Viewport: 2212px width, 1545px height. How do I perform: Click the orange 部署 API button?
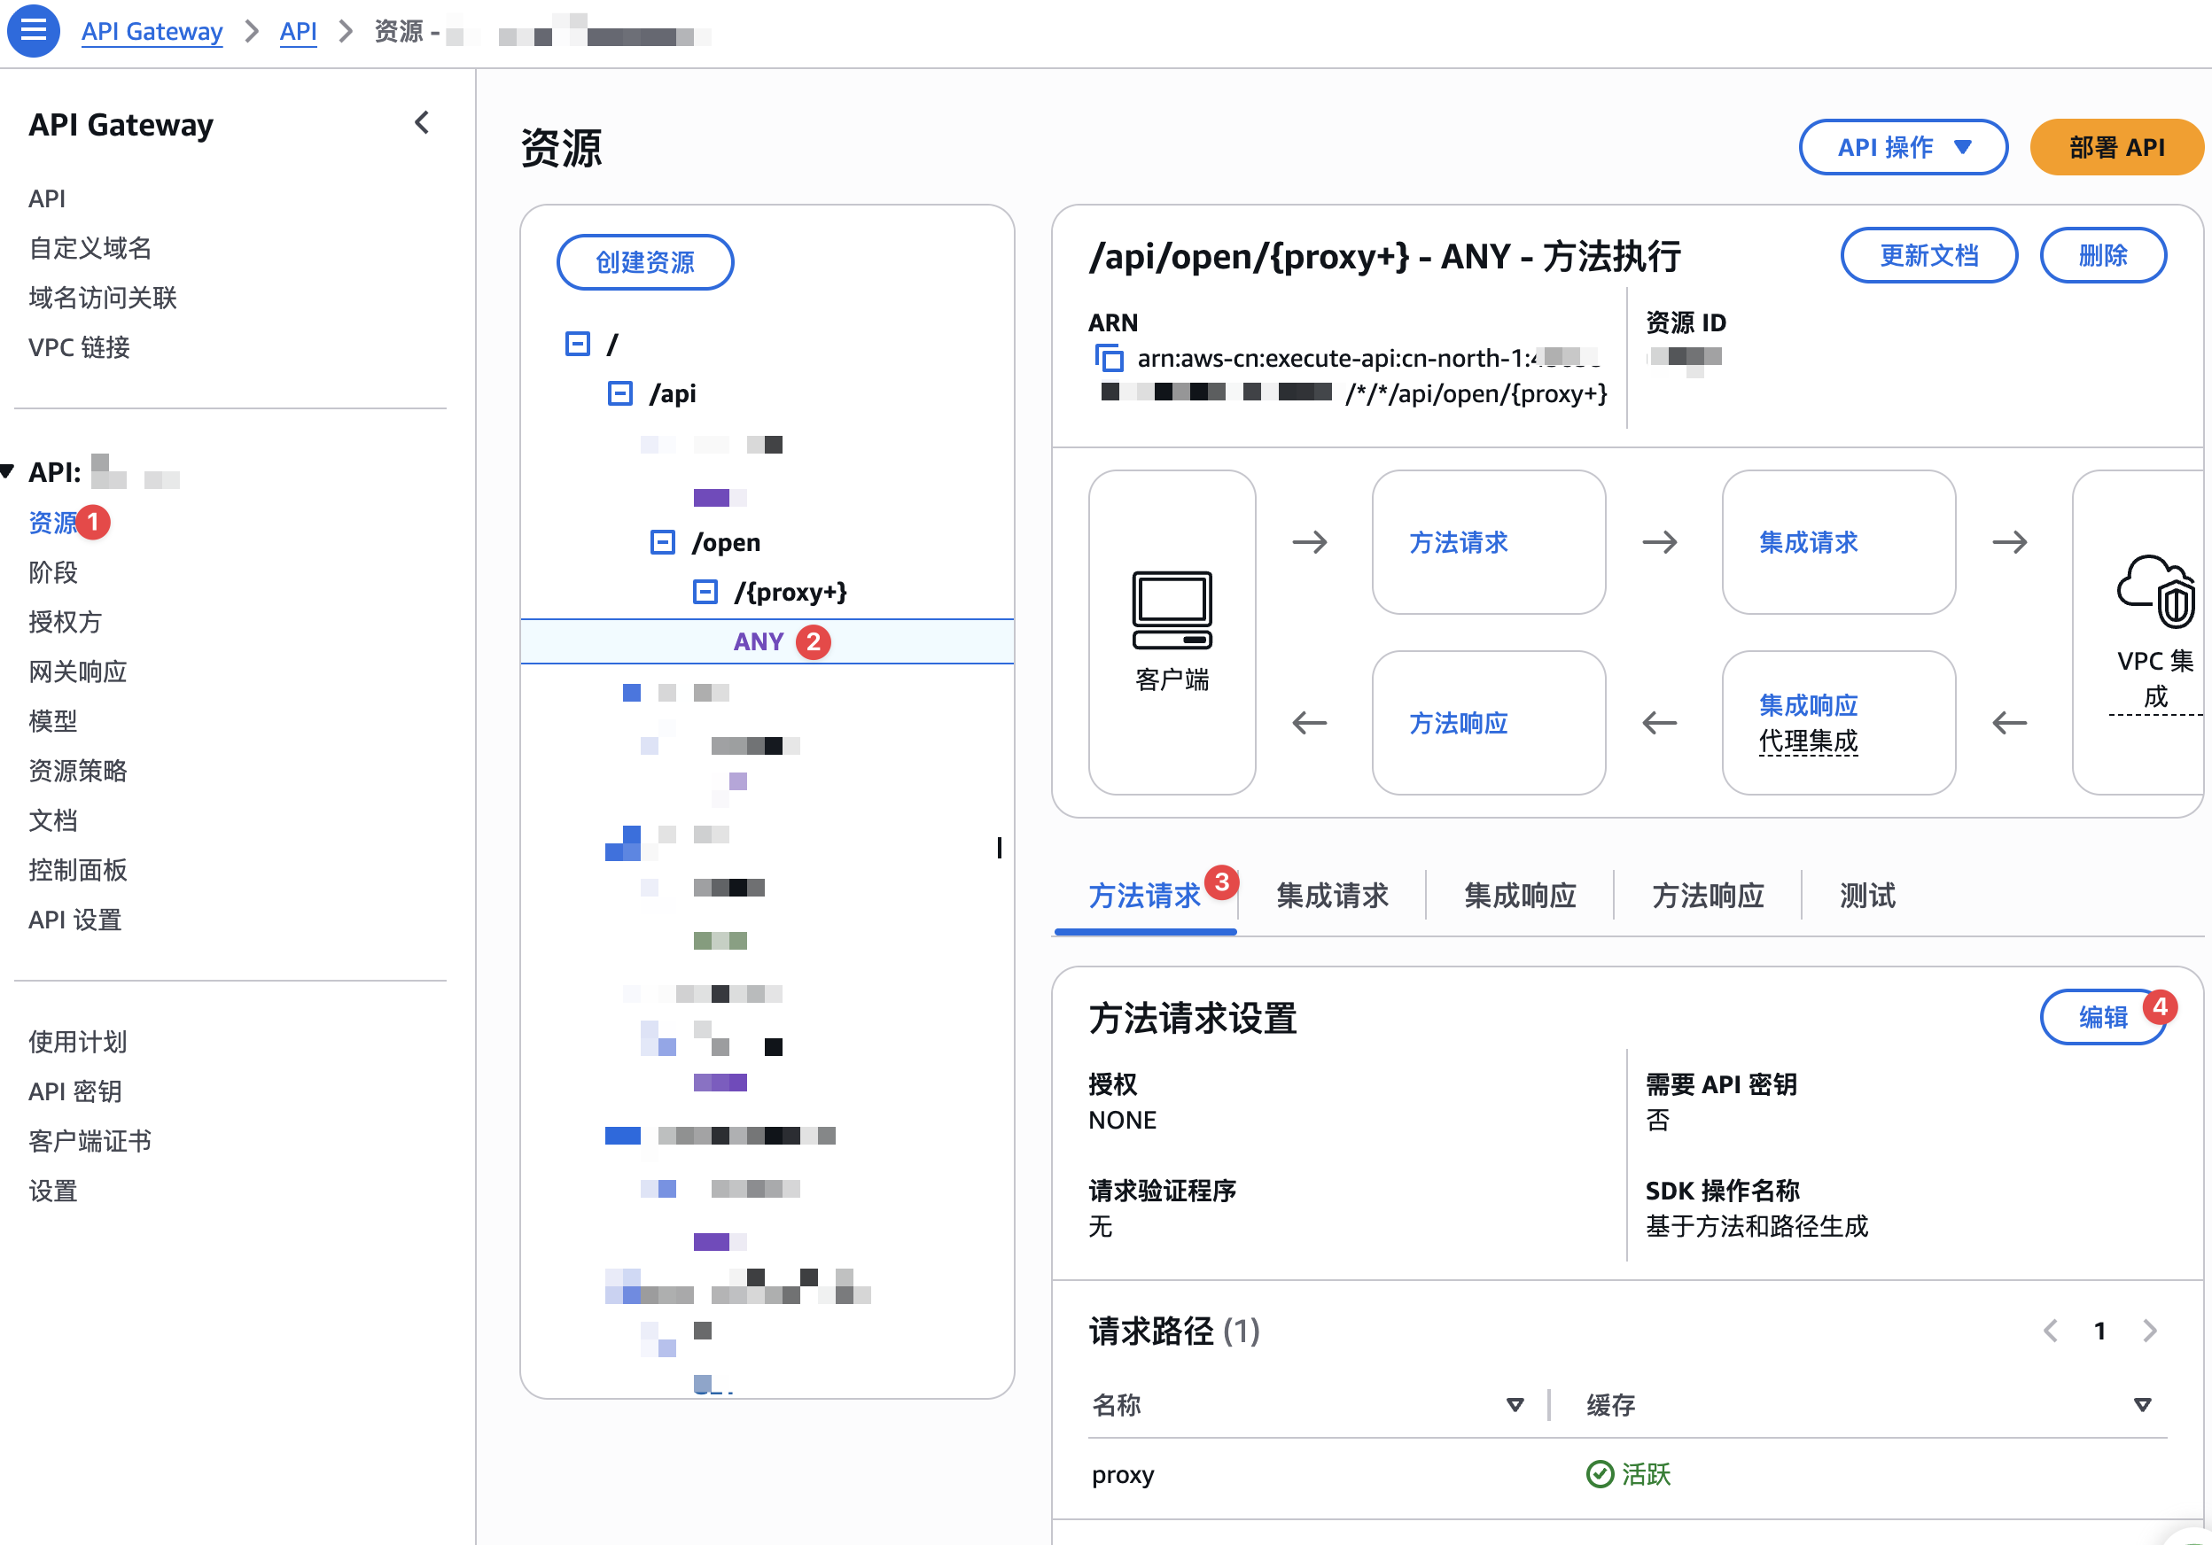coord(2115,147)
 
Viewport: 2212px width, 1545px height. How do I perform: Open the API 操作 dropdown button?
coord(1903,147)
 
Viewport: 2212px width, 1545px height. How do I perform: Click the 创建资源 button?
coord(644,262)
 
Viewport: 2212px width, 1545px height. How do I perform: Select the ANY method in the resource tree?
coord(759,641)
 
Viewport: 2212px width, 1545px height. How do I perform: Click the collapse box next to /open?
coord(662,542)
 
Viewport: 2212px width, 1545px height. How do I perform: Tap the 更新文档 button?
coord(1928,255)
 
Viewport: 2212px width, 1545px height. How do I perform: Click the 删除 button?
coord(2102,255)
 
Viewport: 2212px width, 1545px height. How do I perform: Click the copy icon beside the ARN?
coord(1109,358)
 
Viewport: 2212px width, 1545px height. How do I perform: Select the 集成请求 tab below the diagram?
coord(1331,896)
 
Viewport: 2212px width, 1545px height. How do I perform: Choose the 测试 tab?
coord(1867,896)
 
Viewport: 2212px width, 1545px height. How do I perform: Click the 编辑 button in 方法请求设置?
coord(2102,1017)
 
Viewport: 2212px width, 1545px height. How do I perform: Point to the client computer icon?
coord(1172,609)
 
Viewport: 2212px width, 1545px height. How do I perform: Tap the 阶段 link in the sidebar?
coord(53,572)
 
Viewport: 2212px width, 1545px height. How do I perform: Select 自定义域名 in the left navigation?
coord(90,249)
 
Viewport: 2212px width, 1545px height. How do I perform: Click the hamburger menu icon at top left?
coord(33,31)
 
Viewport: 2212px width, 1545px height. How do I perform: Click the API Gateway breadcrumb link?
coord(152,32)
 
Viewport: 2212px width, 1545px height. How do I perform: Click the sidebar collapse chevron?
coord(422,123)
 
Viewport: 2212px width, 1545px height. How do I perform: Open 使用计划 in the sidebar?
coord(77,1041)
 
